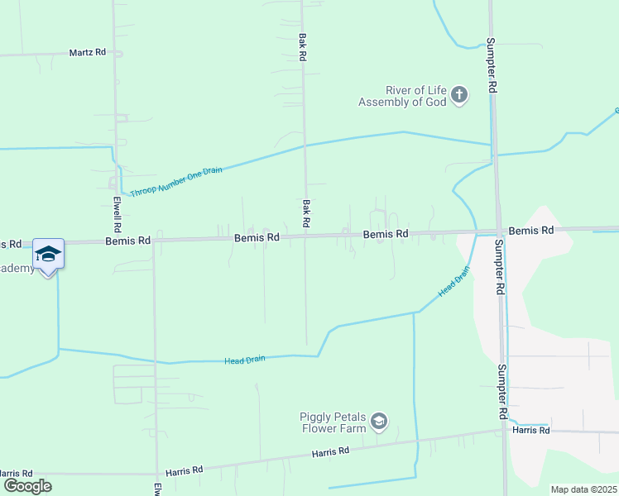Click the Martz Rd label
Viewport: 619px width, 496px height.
88,52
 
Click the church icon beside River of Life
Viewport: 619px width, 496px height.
459,96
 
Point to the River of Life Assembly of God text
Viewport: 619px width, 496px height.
404,96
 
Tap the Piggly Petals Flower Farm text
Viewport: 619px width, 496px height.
333,422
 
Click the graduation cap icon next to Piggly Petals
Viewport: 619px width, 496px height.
379,422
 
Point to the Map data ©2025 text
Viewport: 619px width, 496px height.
583,489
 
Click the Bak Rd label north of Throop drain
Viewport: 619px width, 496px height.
303,46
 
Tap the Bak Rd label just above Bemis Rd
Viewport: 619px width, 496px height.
305,213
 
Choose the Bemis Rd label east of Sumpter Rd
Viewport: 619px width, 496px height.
530,231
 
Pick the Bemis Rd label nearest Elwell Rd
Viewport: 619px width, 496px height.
128,241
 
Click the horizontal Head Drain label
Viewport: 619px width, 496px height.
245,360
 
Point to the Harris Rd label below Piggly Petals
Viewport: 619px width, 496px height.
330,452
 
